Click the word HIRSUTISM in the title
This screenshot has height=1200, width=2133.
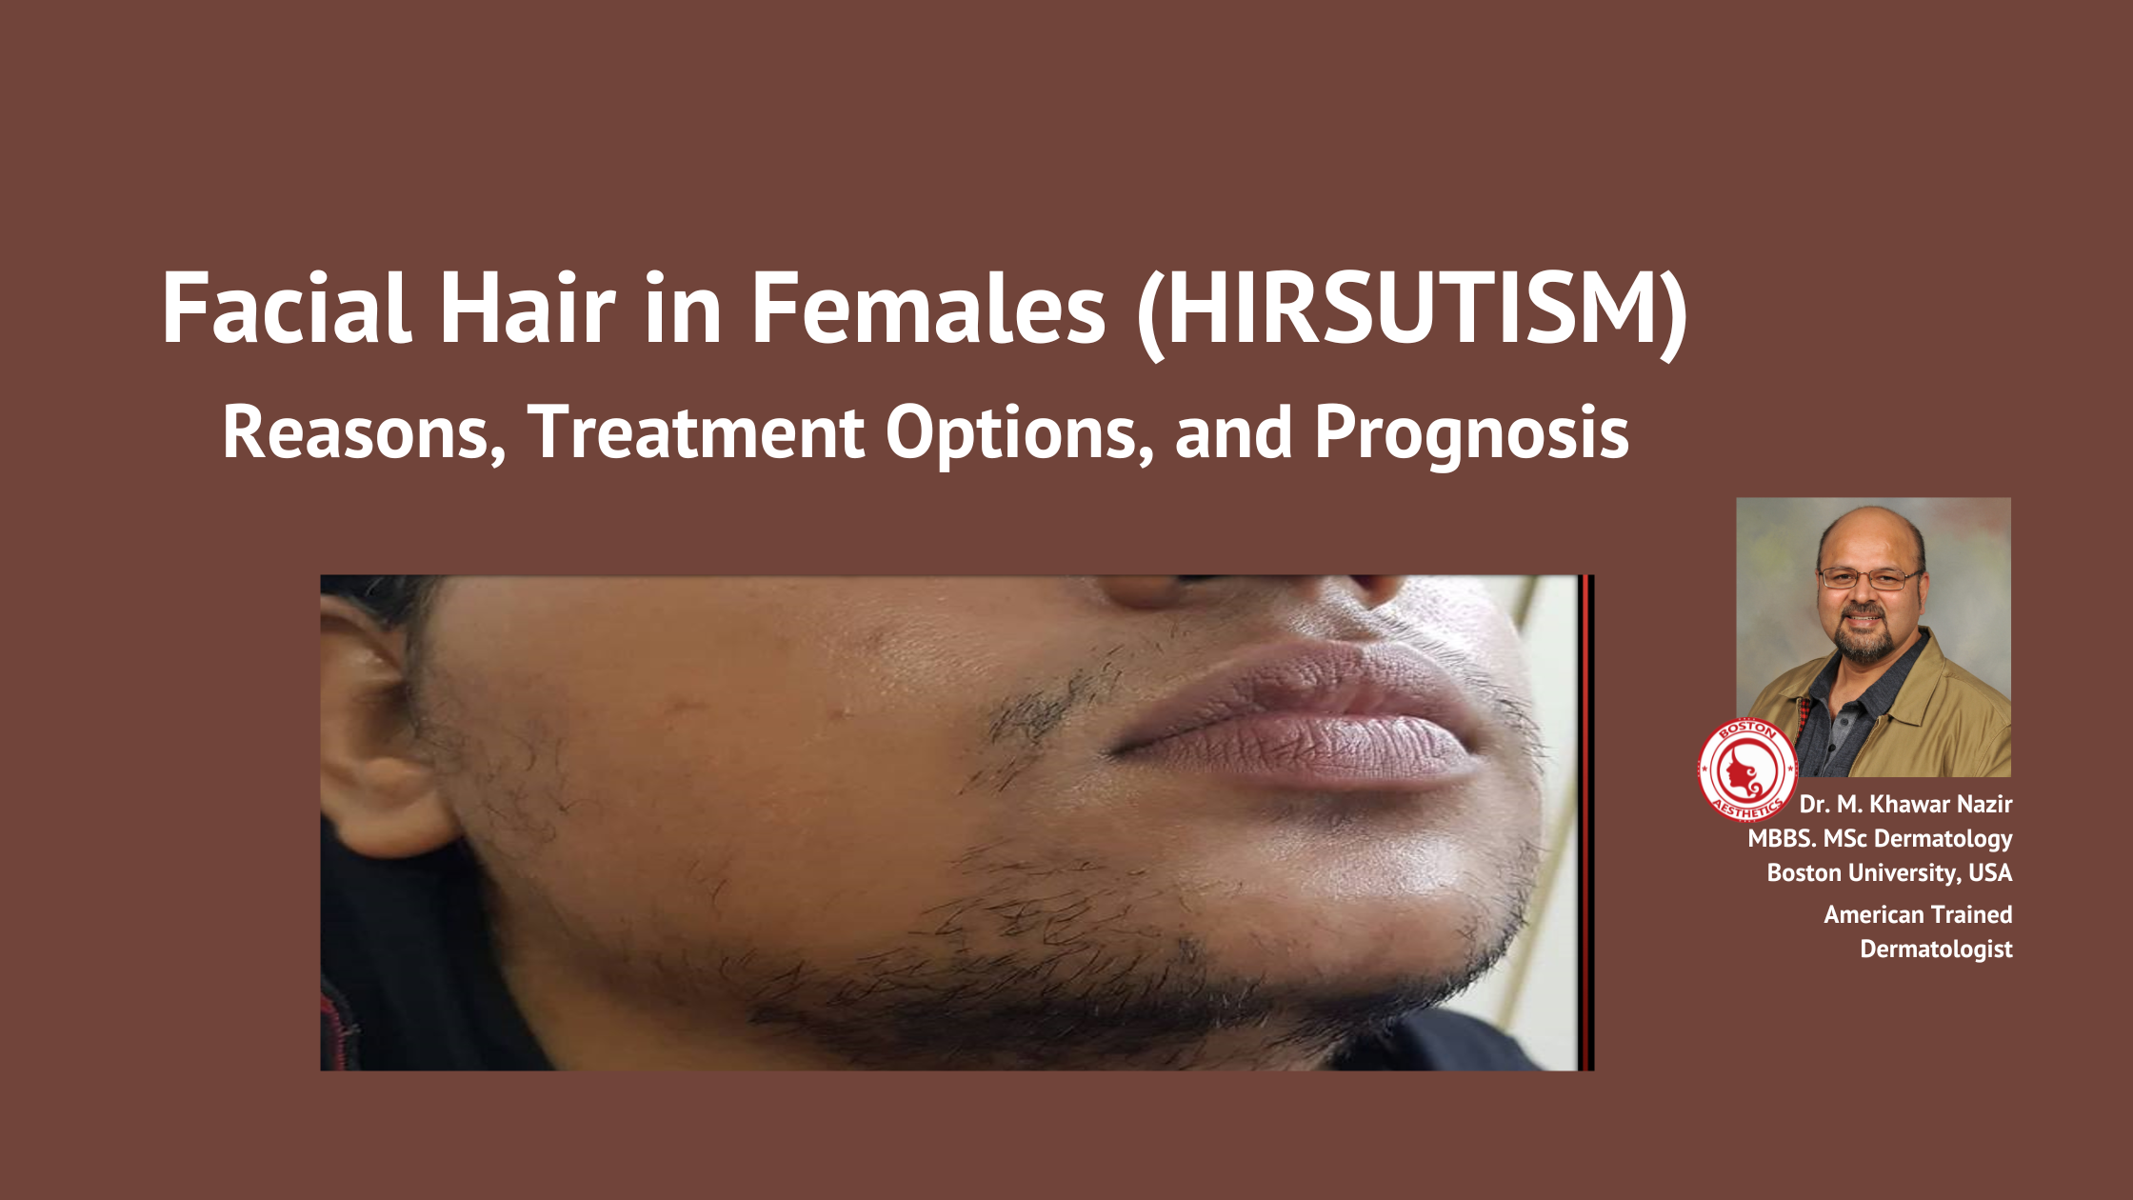(x=1413, y=310)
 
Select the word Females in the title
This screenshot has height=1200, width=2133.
(x=928, y=309)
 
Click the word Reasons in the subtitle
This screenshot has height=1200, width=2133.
(x=363, y=434)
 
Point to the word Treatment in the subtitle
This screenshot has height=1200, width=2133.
(x=695, y=433)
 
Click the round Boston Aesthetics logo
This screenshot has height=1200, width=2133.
(x=1747, y=770)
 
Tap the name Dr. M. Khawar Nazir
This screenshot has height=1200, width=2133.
(x=1905, y=805)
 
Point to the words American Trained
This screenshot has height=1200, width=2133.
(x=1918, y=914)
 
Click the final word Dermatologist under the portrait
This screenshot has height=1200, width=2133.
(x=1936, y=950)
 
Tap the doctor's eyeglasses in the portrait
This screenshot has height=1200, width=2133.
(x=1869, y=578)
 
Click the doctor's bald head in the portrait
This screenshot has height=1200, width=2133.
(x=1868, y=533)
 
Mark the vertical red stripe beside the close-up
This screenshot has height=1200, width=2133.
(x=1585, y=823)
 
